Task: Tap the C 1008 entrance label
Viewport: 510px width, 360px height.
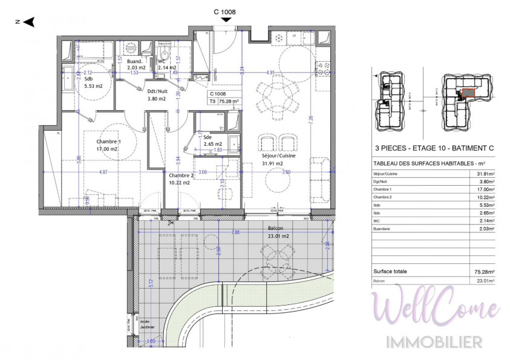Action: coord(224,11)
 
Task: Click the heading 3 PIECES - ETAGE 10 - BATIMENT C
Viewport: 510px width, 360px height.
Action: coord(434,147)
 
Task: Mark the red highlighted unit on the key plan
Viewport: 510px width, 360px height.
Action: coord(467,93)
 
